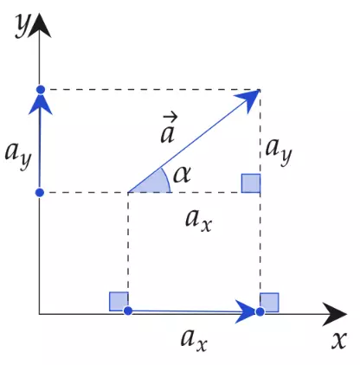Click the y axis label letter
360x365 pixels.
click(x=22, y=26)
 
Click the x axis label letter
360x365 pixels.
click(x=339, y=341)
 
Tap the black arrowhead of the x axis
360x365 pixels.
click(x=334, y=314)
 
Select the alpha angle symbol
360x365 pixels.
click(x=182, y=175)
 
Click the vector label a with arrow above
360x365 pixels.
click(x=169, y=129)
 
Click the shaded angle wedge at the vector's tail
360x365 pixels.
click(x=153, y=183)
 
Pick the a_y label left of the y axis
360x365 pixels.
click(x=18, y=156)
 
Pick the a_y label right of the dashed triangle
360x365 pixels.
click(x=279, y=152)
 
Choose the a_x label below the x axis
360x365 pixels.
click(x=194, y=341)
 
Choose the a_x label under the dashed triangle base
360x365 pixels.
click(x=198, y=221)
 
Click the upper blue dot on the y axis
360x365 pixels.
click(x=41, y=89)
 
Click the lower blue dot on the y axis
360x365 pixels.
click(x=40, y=192)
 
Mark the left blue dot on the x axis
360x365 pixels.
click(x=128, y=311)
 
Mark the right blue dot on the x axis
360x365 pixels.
click(x=260, y=311)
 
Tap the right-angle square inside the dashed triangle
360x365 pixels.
click(x=251, y=183)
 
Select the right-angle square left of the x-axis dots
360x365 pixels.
click(x=119, y=302)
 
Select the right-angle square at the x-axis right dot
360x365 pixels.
click(x=269, y=303)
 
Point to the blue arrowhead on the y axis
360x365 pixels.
click(x=41, y=104)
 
